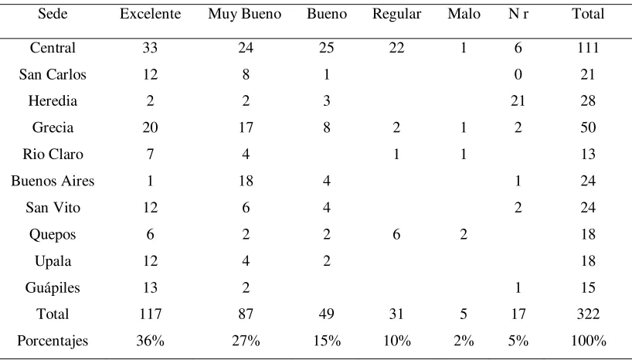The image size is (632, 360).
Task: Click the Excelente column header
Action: [151, 14]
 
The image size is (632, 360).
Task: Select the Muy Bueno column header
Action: [245, 15]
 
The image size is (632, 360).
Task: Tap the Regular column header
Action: [396, 15]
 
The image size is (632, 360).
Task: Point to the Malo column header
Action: [464, 14]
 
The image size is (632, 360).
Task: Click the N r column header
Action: [518, 14]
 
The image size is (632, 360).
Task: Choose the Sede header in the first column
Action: [53, 14]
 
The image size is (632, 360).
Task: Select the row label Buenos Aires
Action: [53, 181]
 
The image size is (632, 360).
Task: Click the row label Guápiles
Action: [53, 288]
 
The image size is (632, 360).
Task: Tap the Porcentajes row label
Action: [53, 341]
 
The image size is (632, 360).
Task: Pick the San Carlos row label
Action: [53, 75]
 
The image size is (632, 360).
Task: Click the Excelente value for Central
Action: [150, 48]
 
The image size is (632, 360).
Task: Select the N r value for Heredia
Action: [518, 101]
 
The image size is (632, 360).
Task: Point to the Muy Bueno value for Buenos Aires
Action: [246, 181]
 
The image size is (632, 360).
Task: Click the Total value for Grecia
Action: [588, 127]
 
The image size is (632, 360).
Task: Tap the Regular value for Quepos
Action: [396, 234]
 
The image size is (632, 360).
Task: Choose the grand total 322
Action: [588, 314]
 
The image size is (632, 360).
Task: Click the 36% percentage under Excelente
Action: [151, 341]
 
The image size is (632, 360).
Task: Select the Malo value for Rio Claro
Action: [464, 155]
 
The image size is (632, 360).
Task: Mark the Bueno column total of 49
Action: [327, 314]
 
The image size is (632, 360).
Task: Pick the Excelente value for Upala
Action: [150, 261]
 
